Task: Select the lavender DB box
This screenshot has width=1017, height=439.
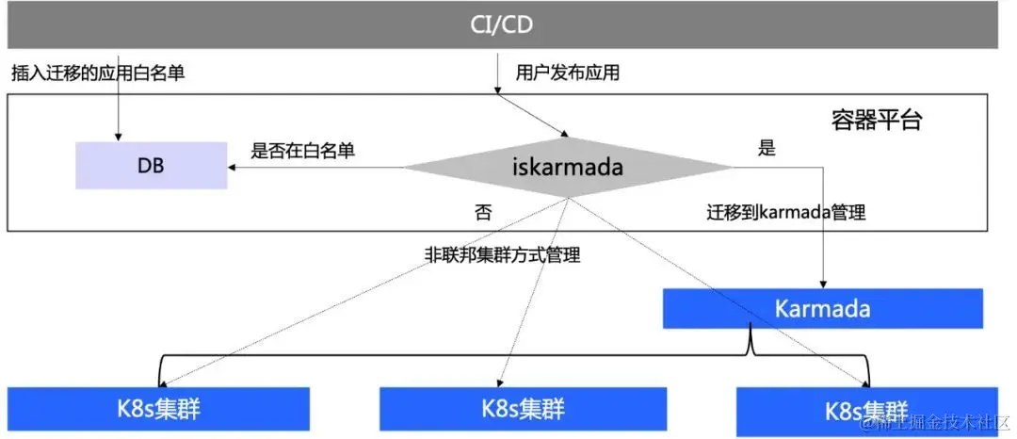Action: click(x=151, y=165)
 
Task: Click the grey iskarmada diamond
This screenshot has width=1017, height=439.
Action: click(x=568, y=167)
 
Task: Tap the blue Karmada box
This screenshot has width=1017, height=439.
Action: click(x=822, y=308)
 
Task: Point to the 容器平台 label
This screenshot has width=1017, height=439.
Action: click(x=876, y=120)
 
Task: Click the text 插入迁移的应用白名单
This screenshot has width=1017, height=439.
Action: click(x=98, y=73)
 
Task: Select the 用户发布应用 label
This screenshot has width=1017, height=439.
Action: click(x=567, y=73)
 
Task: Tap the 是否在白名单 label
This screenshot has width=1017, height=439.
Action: click(x=308, y=149)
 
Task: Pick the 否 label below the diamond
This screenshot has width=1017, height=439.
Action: click(x=482, y=212)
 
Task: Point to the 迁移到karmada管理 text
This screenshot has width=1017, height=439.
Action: click(x=785, y=212)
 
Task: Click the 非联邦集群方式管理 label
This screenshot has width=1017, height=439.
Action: click(x=502, y=254)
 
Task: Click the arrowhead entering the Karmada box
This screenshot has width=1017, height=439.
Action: click(x=823, y=284)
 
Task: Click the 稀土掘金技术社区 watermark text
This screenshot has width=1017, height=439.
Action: click(x=942, y=423)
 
